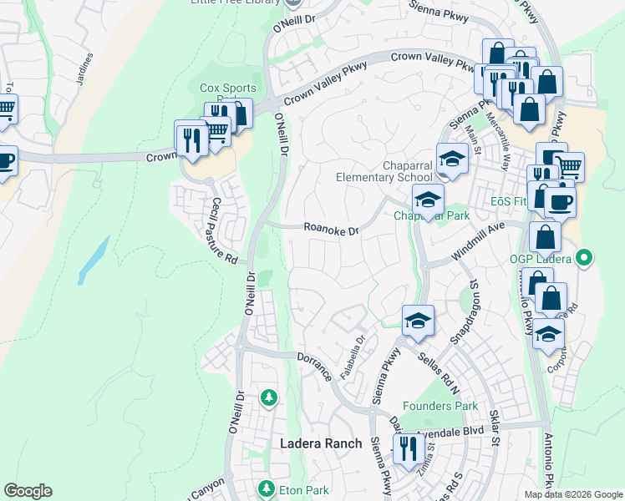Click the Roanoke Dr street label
[330, 228]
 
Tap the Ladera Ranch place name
[320, 443]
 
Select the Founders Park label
[440, 407]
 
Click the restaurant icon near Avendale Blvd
[407, 449]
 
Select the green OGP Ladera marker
[585, 258]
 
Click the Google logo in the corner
[28, 491]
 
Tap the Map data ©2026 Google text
[573, 494]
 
